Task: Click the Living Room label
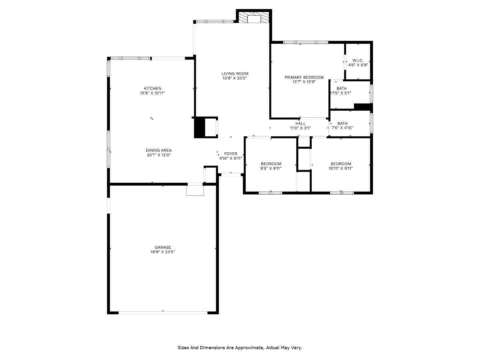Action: [x=235, y=74]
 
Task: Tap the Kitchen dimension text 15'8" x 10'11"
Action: [x=152, y=93]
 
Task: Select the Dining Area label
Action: [x=158, y=150]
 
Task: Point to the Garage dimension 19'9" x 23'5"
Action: [x=163, y=252]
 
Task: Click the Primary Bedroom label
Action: [x=304, y=77]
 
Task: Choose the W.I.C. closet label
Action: [x=358, y=60]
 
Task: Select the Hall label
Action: [x=300, y=123]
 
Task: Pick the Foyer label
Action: [x=231, y=154]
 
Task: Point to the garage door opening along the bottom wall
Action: [x=163, y=313]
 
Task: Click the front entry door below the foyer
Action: [x=231, y=174]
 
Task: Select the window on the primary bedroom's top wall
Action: [x=305, y=42]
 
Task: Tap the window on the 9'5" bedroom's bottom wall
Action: [x=270, y=193]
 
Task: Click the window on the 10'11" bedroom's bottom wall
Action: [x=342, y=193]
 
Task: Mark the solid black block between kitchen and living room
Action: [x=199, y=127]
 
